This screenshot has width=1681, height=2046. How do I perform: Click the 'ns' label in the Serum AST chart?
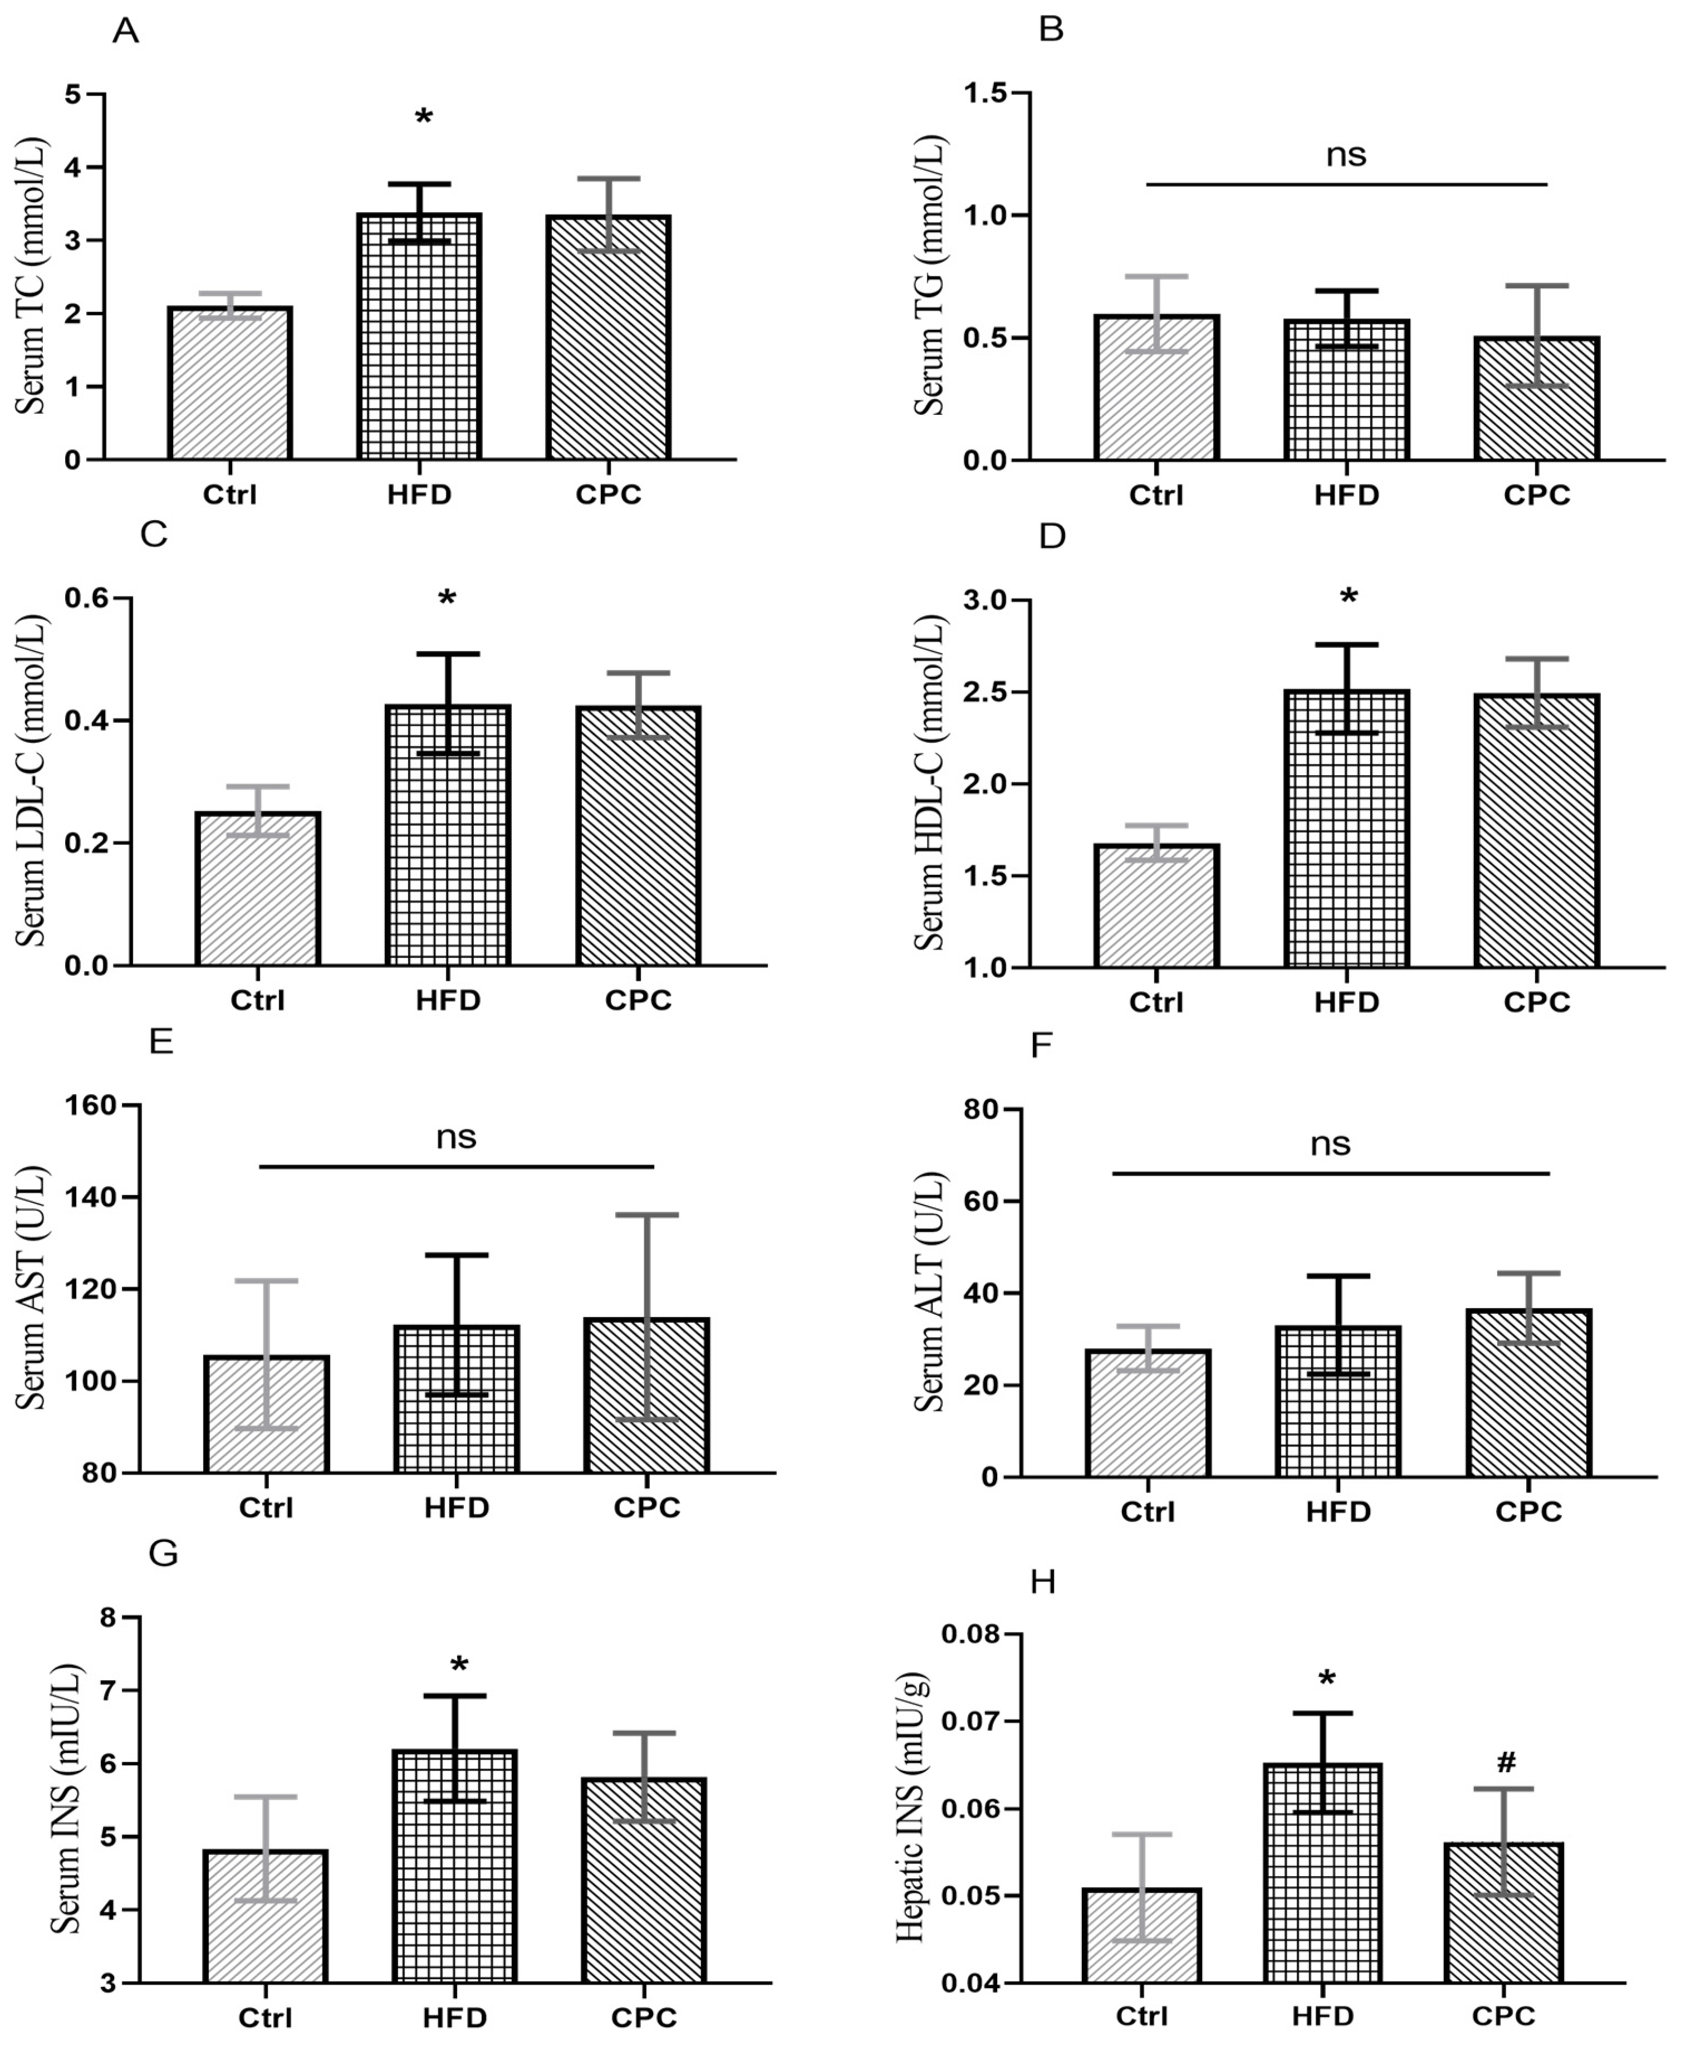[x=456, y=1137]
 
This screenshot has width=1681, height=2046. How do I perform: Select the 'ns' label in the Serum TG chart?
[x=1346, y=154]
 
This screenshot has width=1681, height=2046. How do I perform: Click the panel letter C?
[x=154, y=535]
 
